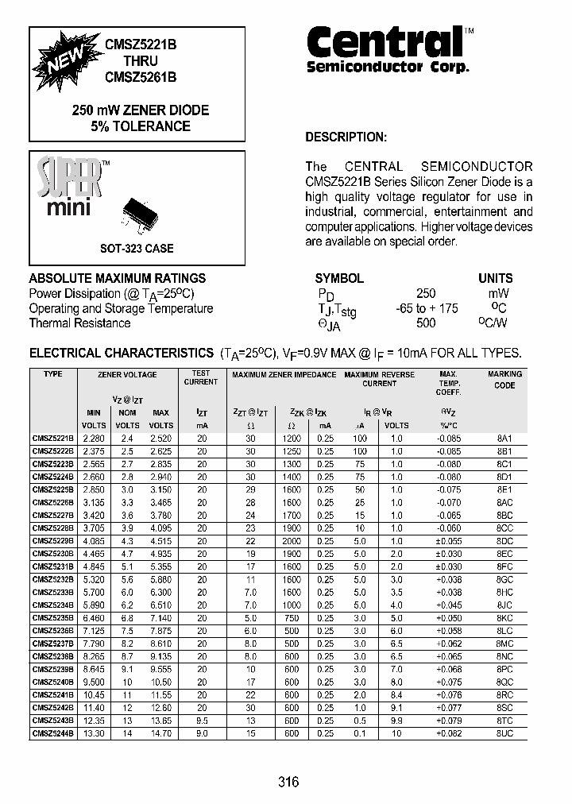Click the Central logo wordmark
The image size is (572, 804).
point(385,42)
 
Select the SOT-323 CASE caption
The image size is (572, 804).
point(137,249)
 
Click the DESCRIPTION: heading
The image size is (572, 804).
point(346,137)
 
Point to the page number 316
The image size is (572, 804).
point(288,783)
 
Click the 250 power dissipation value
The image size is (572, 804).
point(426,293)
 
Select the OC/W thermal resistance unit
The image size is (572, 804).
point(494,323)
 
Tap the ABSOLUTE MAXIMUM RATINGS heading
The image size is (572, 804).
point(117,278)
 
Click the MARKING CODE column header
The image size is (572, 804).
point(504,380)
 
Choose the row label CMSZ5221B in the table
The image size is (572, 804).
point(53,439)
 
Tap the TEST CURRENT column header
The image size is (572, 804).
point(201,377)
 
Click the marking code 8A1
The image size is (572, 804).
point(504,439)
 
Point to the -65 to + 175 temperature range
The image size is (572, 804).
point(427,308)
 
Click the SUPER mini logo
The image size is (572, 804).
point(71,187)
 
